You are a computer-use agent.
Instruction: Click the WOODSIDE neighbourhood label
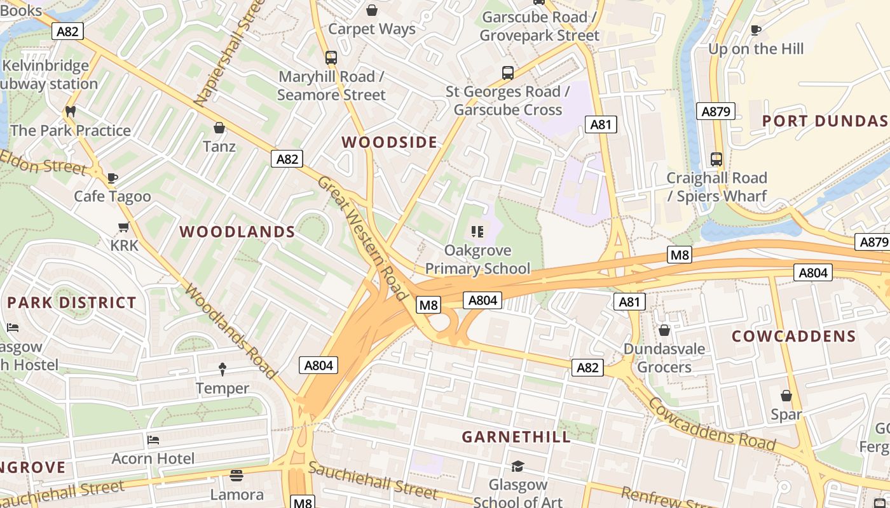[x=390, y=142]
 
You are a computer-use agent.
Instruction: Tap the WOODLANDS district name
[x=237, y=232]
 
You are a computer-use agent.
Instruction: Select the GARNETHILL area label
[x=516, y=437]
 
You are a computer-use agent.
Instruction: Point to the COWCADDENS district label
[x=793, y=337]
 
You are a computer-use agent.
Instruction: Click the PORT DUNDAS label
[x=825, y=121]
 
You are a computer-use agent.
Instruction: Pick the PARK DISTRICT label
[x=72, y=302]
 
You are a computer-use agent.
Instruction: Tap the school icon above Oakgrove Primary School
[x=477, y=232]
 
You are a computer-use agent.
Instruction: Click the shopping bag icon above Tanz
[x=219, y=128]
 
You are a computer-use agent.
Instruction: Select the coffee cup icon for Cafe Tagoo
[x=113, y=178]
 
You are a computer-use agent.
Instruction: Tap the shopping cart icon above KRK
[x=124, y=227]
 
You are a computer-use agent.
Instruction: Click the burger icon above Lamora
[x=236, y=476]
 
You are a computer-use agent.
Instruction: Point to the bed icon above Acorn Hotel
[x=153, y=439]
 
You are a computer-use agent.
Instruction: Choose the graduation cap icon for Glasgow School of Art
[x=517, y=467]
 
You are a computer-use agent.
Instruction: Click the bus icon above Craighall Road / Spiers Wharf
[x=716, y=159]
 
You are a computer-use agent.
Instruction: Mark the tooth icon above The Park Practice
[x=71, y=111]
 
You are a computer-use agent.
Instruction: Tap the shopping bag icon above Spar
[x=786, y=396]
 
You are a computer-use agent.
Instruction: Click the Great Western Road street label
[x=362, y=238]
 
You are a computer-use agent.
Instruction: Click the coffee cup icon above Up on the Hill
[x=756, y=30]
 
